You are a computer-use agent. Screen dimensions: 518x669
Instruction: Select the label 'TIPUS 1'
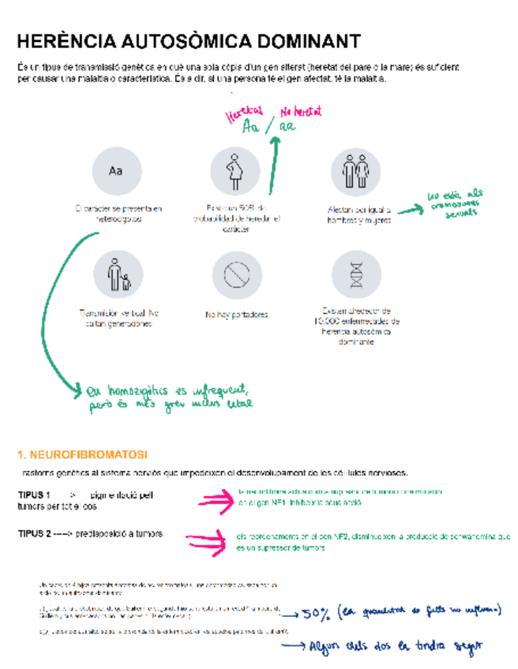pos(35,495)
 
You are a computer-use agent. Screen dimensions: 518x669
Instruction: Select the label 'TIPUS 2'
pos(35,534)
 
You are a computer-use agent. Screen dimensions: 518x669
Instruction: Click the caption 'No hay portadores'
pos(236,315)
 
